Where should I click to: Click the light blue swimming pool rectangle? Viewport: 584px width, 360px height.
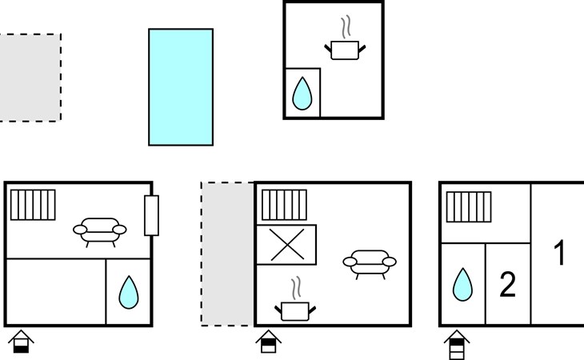(181, 86)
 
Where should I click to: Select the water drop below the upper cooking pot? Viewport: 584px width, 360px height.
(302, 94)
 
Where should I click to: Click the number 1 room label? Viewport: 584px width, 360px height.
(560, 253)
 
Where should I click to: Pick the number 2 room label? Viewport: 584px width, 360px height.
(508, 284)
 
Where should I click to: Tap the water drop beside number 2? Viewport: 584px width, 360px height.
(462, 284)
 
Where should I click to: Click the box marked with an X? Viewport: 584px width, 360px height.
(286, 245)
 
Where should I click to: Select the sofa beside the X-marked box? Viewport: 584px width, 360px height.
(370, 264)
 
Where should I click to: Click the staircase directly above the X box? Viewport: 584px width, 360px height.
(285, 205)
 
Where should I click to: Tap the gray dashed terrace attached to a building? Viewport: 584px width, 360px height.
(227, 254)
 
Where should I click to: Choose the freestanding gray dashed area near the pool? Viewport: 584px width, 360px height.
(30, 78)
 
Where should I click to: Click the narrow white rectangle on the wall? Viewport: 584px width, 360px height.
(151, 215)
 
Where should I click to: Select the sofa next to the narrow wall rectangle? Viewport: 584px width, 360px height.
(100, 232)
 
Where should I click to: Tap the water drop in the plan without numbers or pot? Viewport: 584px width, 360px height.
(129, 292)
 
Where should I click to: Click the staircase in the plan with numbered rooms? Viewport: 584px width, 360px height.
(469, 206)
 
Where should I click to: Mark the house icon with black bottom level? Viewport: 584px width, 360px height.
(22, 342)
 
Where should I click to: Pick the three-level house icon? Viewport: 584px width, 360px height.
(457, 344)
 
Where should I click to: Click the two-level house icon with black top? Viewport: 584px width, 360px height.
(269, 342)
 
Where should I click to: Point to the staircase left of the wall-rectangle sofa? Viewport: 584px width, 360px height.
(33, 205)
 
